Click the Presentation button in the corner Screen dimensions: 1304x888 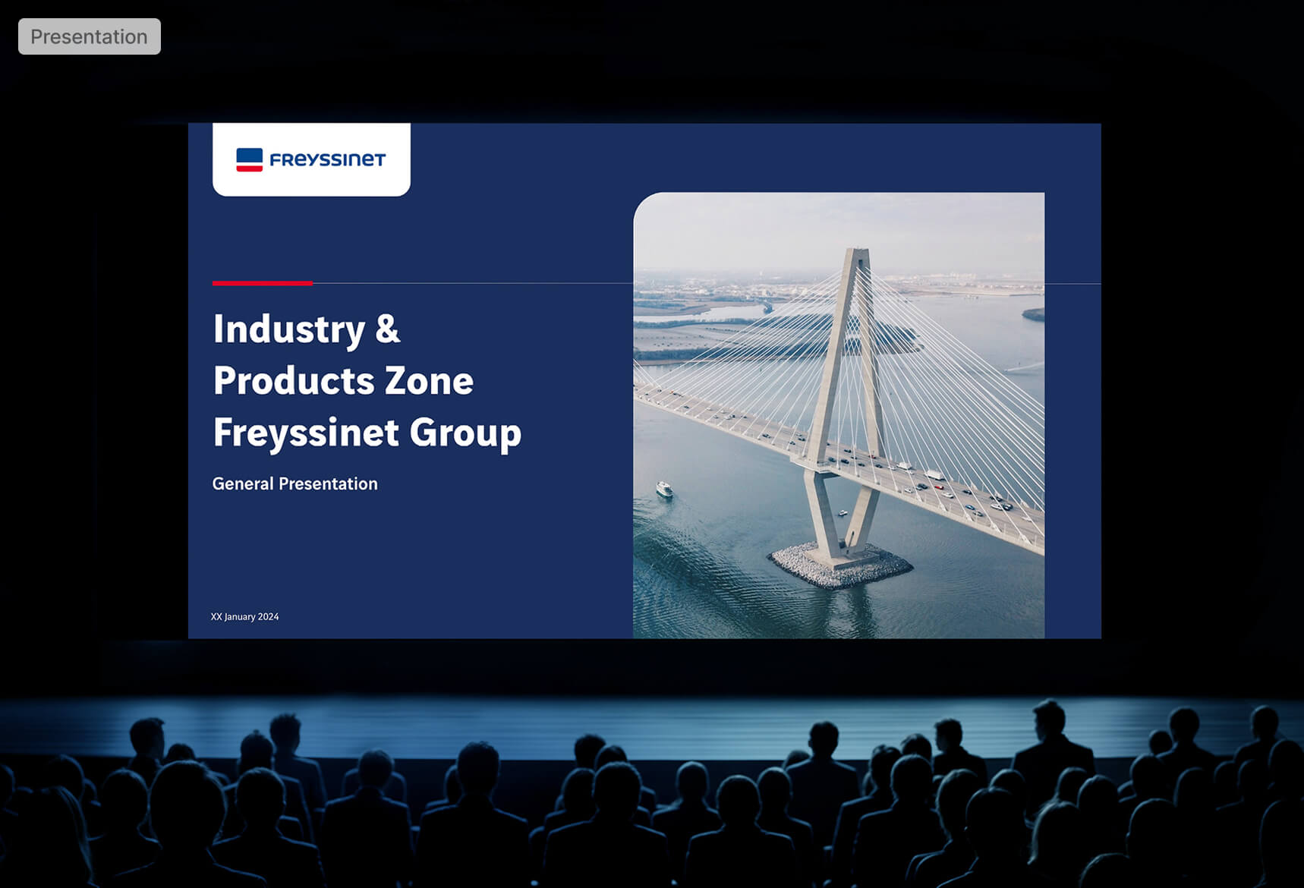click(x=90, y=36)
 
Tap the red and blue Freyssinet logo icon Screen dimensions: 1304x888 click(x=250, y=159)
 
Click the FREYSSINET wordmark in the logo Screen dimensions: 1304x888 click(x=328, y=159)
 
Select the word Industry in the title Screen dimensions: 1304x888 click(x=289, y=329)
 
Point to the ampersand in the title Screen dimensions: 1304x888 click(x=388, y=329)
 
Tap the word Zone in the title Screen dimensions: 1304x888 click(x=430, y=380)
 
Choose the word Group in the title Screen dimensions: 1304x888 click(x=465, y=433)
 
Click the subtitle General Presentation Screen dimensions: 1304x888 click(x=295, y=483)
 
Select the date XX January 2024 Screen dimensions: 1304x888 click(x=244, y=616)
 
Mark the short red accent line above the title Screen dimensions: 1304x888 click(x=263, y=283)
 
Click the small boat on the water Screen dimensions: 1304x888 click(x=664, y=490)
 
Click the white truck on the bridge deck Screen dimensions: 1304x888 click(x=934, y=475)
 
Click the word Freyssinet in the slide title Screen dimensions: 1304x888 click(x=306, y=433)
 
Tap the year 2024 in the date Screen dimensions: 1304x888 click(x=268, y=616)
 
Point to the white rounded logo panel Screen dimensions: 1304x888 click(x=311, y=159)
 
